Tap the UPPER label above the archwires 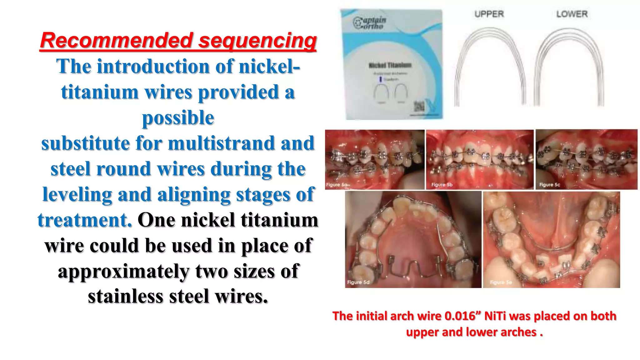(x=489, y=14)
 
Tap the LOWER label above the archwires (x=572, y=14)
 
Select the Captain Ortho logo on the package (x=369, y=22)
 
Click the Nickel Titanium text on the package (x=390, y=65)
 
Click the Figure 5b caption (x=442, y=185)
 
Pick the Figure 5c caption (x=549, y=185)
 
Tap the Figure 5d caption (x=358, y=282)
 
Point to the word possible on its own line (x=178, y=118)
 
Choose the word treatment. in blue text (x=85, y=220)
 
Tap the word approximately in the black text (x=124, y=271)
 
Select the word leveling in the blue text (x=77, y=194)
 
